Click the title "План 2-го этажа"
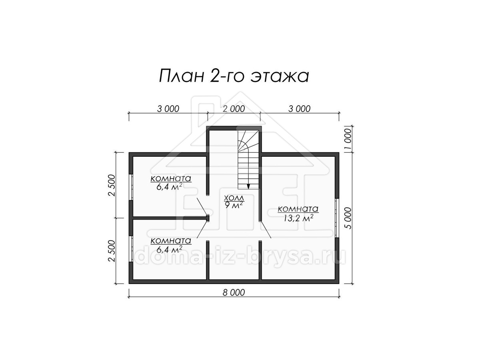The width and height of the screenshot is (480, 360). pyautogui.click(x=234, y=76)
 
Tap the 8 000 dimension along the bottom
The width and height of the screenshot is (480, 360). pyautogui.click(x=234, y=292)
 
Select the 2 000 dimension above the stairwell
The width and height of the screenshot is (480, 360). pyautogui.click(x=234, y=109)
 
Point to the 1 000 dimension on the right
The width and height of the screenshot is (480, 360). pyautogui.click(x=348, y=139)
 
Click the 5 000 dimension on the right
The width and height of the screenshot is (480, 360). pyautogui.click(x=348, y=218)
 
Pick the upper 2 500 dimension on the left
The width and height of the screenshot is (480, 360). pyautogui.click(x=112, y=185)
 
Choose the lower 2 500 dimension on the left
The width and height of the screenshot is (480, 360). pyautogui.click(x=112, y=251)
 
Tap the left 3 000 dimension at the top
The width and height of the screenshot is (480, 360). pyautogui.click(x=168, y=109)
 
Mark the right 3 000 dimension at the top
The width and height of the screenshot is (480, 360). pyautogui.click(x=299, y=109)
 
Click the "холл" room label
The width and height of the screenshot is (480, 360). pyautogui.click(x=234, y=198)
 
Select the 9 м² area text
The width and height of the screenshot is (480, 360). pyautogui.click(x=234, y=205)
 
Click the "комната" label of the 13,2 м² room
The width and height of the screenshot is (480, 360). pyautogui.click(x=298, y=209)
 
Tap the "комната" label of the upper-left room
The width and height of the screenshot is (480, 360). pyautogui.click(x=171, y=178)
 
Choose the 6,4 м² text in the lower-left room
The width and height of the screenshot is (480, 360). pyautogui.click(x=170, y=249)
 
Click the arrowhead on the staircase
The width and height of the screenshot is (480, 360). pyautogui.click(x=248, y=186)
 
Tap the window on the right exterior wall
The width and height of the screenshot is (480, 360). pyautogui.click(x=337, y=218)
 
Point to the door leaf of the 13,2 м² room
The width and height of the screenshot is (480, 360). pyautogui.click(x=266, y=230)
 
